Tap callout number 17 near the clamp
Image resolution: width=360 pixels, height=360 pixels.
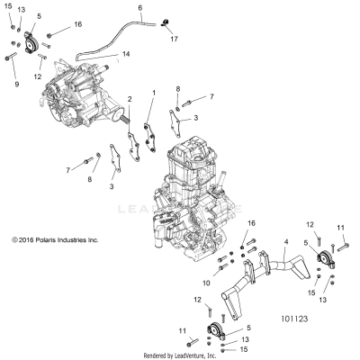click(175, 40)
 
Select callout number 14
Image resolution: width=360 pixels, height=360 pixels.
click(126, 55)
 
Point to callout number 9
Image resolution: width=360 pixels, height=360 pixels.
click(15, 83)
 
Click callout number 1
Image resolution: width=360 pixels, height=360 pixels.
click(153, 93)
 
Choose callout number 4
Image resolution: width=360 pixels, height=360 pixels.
click(285, 242)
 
